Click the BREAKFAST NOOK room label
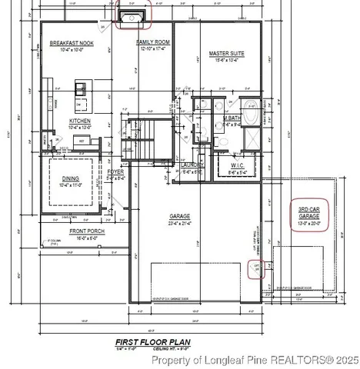72,43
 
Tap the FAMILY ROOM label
153,43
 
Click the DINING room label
75,179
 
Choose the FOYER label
115,172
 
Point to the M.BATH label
232,118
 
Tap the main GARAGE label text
180,217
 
